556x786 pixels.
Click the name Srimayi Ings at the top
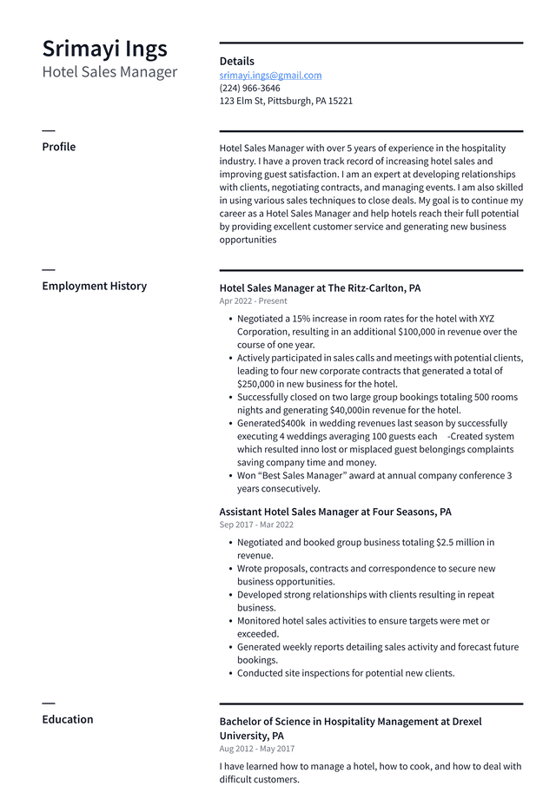(x=104, y=49)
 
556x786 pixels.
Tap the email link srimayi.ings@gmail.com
(x=270, y=76)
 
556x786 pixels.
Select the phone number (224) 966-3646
(x=249, y=88)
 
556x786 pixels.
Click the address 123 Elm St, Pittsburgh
(x=286, y=101)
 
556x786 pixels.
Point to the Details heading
(x=236, y=62)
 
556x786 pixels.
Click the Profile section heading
(x=58, y=147)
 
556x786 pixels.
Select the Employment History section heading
(x=94, y=286)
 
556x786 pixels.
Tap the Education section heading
(x=67, y=719)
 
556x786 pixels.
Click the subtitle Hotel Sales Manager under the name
(x=109, y=72)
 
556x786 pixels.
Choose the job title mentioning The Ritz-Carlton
(x=320, y=288)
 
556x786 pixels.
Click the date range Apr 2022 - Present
(x=253, y=301)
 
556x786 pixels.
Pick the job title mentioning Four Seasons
(x=334, y=512)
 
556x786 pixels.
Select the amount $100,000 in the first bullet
(x=421, y=332)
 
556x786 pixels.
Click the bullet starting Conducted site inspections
(x=346, y=673)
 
